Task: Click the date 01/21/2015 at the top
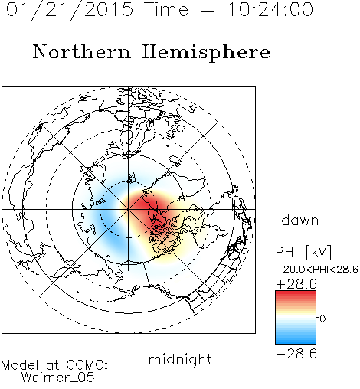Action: click(x=70, y=10)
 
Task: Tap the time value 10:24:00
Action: click(x=270, y=9)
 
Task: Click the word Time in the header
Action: click(x=166, y=9)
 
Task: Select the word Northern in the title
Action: click(x=81, y=51)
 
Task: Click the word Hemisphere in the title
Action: click(x=206, y=53)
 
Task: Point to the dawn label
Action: click(x=300, y=220)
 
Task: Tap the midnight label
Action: click(x=180, y=360)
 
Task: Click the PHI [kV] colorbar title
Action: click(x=303, y=252)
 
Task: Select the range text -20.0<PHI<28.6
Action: click(x=317, y=270)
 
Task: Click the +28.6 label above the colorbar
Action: click(x=296, y=284)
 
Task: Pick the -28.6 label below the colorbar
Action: click(x=296, y=354)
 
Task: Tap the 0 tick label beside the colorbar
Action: click(x=322, y=319)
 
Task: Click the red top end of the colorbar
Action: click(x=296, y=293)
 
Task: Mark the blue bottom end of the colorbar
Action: click(x=296, y=342)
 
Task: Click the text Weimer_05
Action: click(x=58, y=377)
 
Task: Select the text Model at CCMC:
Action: click(x=54, y=365)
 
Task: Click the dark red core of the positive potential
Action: click(x=148, y=205)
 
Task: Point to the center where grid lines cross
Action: click(x=129, y=209)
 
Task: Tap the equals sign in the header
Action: click(x=208, y=10)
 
